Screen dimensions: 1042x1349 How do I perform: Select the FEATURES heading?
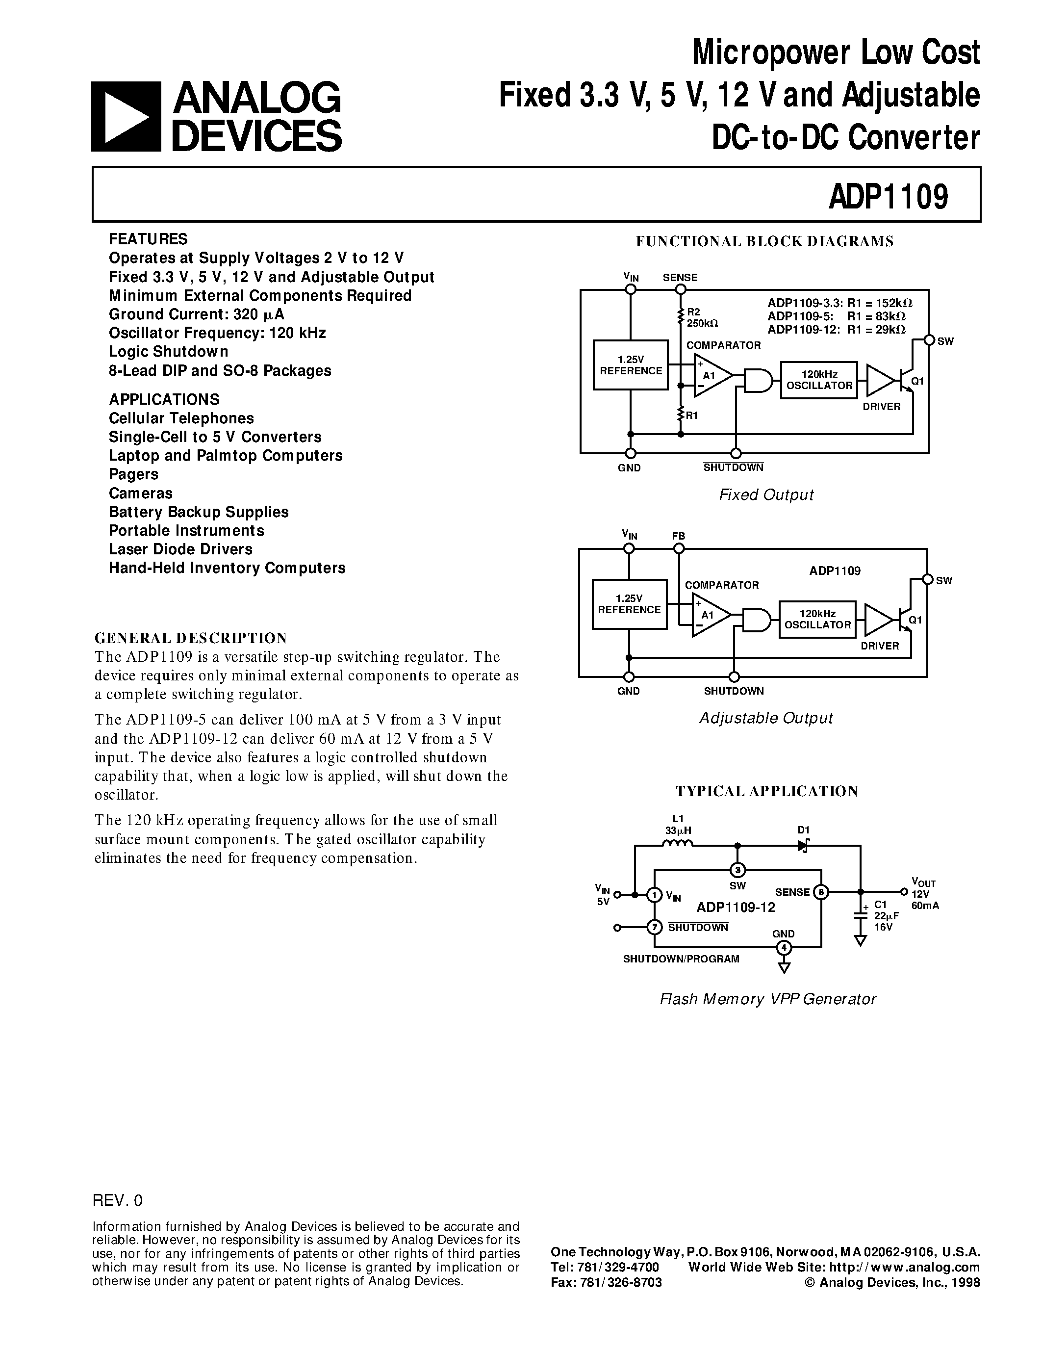point(148,239)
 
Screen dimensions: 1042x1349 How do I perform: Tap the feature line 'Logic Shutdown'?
point(169,351)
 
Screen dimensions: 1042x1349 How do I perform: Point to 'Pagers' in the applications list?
point(133,474)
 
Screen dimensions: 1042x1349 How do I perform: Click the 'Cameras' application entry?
point(141,493)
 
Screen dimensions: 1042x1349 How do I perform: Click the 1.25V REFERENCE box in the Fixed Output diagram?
point(630,365)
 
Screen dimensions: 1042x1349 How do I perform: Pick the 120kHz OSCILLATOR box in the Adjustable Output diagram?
point(817,619)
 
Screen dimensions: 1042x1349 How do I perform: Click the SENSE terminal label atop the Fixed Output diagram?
point(680,277)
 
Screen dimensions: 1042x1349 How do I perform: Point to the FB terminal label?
point(679,536)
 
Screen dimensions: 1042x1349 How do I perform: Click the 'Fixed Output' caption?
point(766,495)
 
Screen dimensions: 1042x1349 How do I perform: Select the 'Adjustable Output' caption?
point(766,718)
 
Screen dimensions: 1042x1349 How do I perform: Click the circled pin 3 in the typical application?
point(737,870)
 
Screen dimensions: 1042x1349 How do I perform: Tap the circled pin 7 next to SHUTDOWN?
point(654,927)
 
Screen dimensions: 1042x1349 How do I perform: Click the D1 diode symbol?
point(803,846)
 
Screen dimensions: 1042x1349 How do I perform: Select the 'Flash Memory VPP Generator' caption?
point(768,999)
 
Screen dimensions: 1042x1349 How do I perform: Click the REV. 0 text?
point(117,1200)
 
